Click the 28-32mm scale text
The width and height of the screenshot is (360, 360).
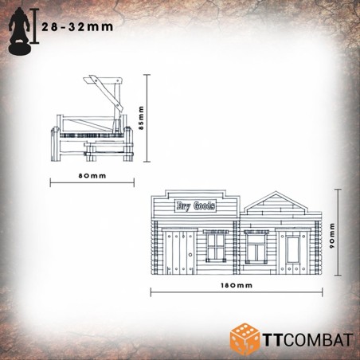click(77, 27)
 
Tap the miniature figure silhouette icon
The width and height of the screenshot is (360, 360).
click(20, 31)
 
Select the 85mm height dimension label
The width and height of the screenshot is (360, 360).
click(141, 118)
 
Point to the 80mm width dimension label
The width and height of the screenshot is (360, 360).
click(92, 176)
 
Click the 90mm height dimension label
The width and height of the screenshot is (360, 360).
click(332, 236)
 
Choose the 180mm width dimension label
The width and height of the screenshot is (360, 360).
click(237, 285)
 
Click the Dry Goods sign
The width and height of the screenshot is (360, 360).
click(195, 205)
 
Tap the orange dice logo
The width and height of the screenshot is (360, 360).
click(245, 339)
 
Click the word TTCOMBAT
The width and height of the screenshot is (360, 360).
click(307, 340)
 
